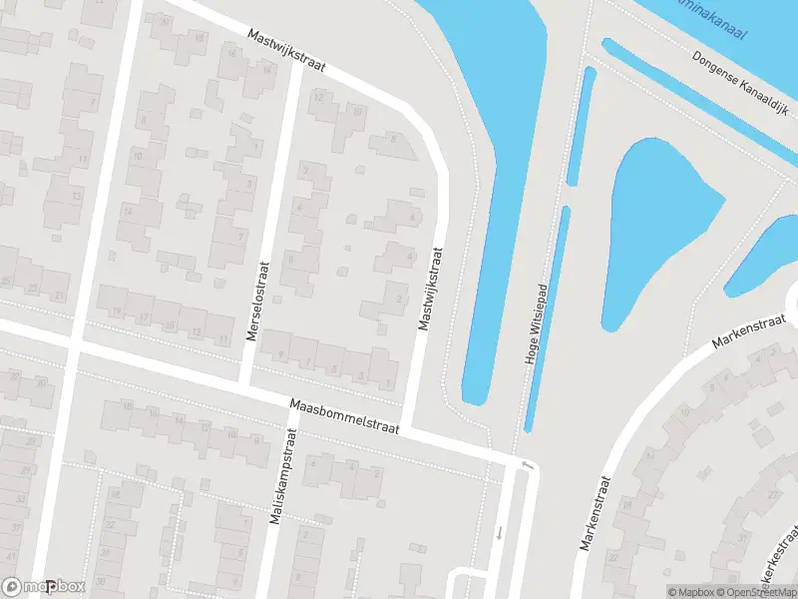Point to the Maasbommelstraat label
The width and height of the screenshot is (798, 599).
pyautogui.click(x=344, y=418)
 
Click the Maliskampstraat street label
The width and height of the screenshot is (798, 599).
pyautogui.click(x=282, y=477)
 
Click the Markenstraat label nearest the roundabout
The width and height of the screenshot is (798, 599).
pyautogui.click(x=751, y=328)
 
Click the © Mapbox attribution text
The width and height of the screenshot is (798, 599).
pyautogui.click(x=689, y=592)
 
